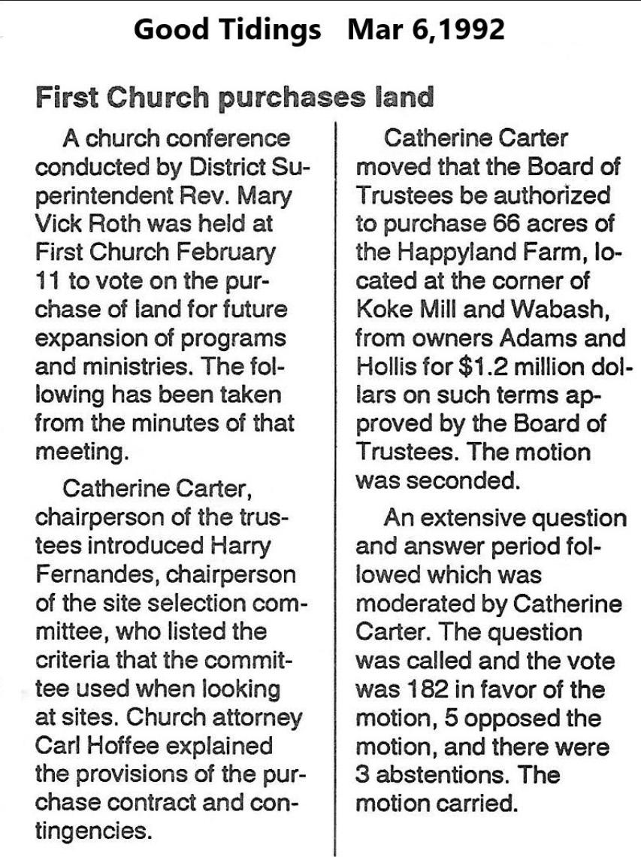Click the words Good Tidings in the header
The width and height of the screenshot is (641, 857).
click(x=227, y=30)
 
